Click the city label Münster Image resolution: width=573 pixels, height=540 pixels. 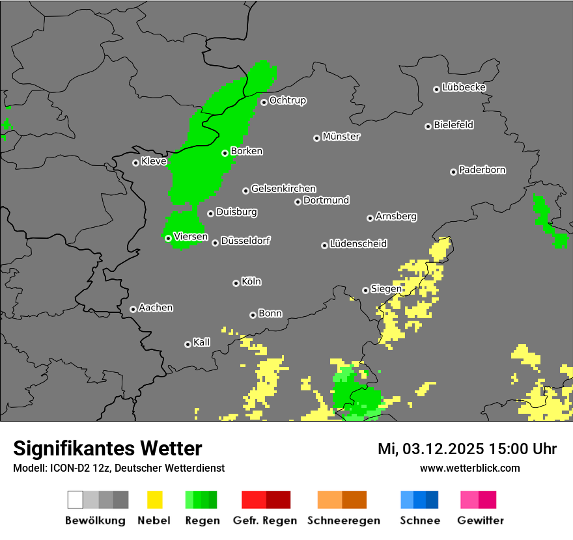(x=341, y=137)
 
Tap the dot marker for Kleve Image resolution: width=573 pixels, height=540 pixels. (x=135, y=163)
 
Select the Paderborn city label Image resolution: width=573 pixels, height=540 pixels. (x=482, y=170)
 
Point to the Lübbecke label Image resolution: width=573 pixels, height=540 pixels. (x=464, y=87)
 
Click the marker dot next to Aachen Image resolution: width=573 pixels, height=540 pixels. (x=133, y=309)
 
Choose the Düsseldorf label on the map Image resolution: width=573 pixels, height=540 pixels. (x=245, y=241)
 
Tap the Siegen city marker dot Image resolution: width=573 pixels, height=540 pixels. (x=365, y=290)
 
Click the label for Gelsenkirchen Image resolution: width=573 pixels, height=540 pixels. (x=283, y=189)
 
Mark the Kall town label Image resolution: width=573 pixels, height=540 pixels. (x=202, y=342)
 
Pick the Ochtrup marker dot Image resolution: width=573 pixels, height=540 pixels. (x=264, y=101)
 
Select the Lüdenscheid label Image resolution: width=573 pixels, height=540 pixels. (x=358, y=244)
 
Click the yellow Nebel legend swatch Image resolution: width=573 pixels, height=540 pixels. (x=155, y=500)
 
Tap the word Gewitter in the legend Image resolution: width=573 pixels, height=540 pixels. (x=480, y=520)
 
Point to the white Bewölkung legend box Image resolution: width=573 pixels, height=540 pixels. (x=76, y=500)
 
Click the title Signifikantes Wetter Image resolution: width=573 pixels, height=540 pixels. (x=107, y=448)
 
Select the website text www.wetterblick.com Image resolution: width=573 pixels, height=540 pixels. (x=469, y=468)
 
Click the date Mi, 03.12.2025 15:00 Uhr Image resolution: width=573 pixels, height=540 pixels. (x=467, y=449)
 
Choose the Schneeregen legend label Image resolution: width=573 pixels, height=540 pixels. (x=342, y=520)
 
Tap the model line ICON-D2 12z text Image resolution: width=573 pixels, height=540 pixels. (x=119, y=468)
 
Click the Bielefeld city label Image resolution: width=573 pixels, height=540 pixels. (x=453, y=125)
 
